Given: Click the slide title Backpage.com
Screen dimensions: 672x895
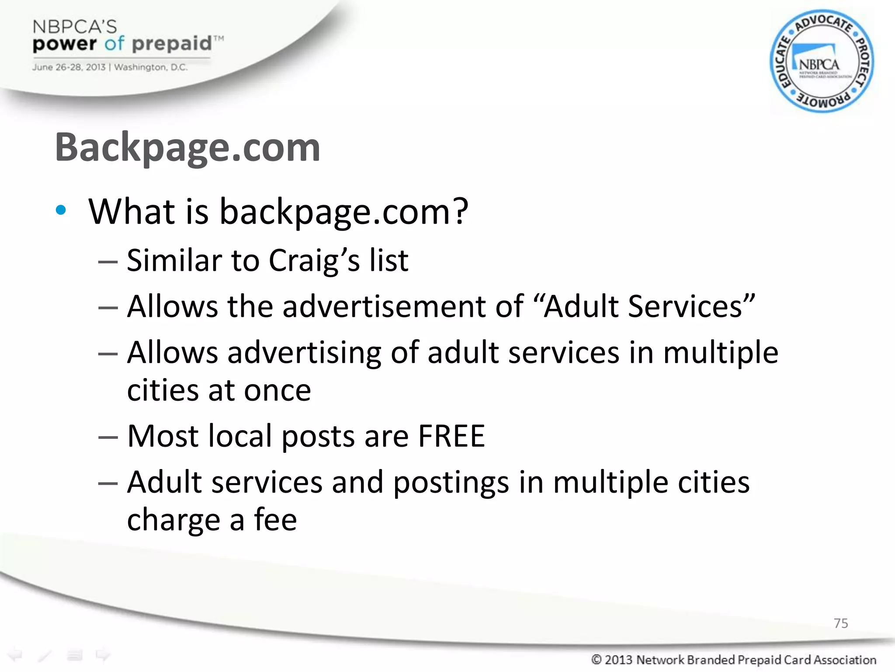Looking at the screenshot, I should click(187, 148).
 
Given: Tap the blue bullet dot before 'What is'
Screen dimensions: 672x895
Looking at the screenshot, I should click(61, 210).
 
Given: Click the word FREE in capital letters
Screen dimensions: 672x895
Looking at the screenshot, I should click(451, 436).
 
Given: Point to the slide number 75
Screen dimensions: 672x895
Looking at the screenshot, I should click(840, 623).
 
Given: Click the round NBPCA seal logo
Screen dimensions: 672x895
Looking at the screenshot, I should click(822, 61).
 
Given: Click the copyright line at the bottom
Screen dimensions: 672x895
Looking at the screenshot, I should click(733, 659).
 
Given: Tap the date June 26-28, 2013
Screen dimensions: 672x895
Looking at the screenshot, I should click(69, 67).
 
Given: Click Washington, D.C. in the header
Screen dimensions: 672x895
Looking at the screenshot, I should click(151, 67).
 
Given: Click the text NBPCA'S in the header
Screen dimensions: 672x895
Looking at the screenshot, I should click(75, 27).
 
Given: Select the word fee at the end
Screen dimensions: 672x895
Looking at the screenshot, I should click(275, 520).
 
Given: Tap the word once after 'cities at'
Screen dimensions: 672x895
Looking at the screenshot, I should click(277, 390).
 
